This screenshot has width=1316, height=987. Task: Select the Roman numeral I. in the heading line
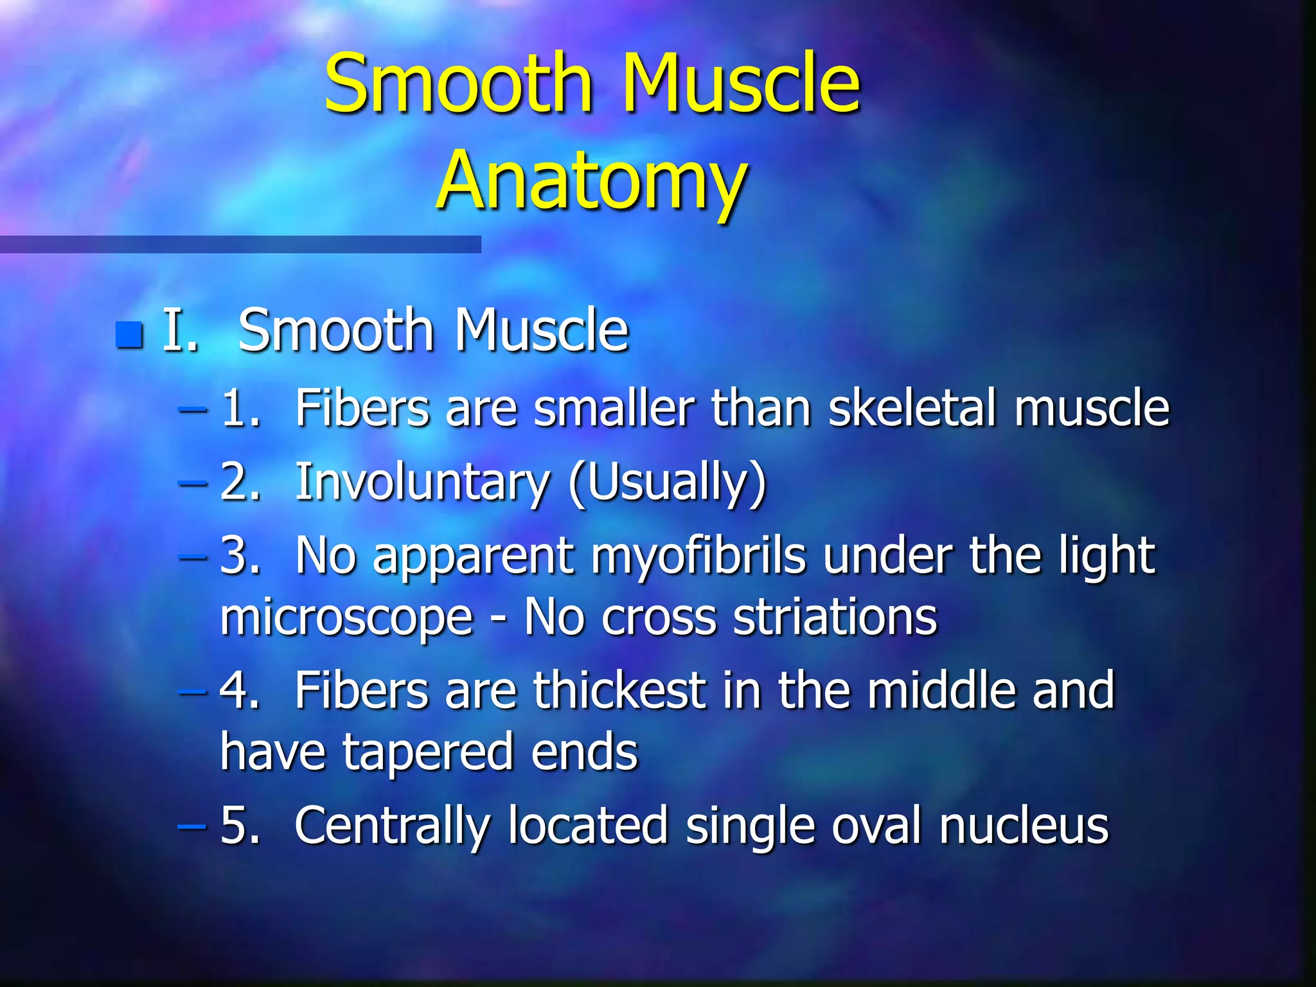(180, 330)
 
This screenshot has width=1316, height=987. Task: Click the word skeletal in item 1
(912, 408)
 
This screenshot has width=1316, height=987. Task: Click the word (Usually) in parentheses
(668, 483)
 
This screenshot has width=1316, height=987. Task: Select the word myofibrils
(698, 555)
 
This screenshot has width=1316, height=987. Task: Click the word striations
(835, 617)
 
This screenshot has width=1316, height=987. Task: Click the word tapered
(428, 752)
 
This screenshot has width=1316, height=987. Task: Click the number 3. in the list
(240, 555)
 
